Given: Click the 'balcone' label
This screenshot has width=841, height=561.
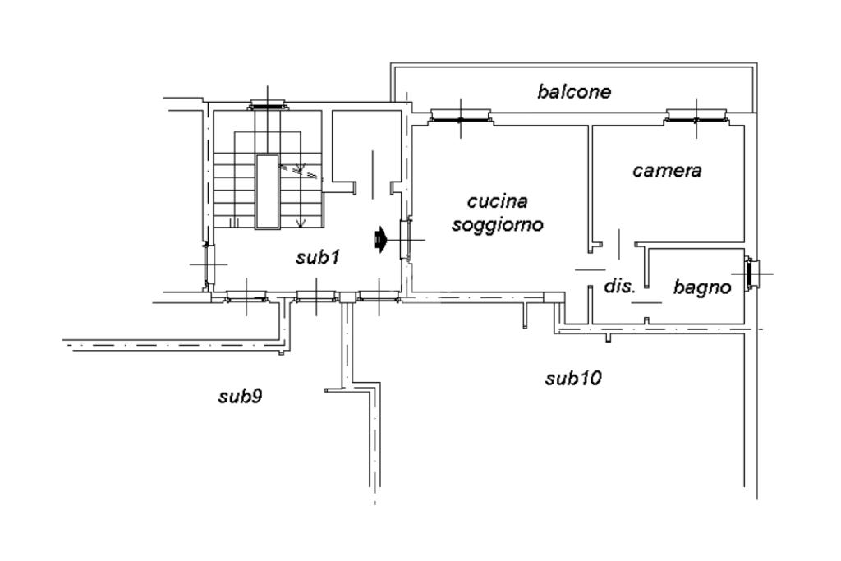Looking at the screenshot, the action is [574, 92].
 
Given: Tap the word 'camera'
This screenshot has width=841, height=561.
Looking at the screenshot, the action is [667, 171].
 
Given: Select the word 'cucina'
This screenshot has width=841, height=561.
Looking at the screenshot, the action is [497, 202].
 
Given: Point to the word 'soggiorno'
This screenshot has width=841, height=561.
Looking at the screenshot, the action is [497, 224].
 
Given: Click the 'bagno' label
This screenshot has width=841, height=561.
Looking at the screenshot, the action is [702, 287].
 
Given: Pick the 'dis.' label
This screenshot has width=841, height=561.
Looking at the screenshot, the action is [620, 286].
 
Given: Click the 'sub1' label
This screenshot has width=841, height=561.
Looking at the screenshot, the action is [318, 258].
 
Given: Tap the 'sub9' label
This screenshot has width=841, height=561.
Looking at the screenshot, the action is [240, 397].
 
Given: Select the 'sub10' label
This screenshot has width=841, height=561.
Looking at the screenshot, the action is [573, 379].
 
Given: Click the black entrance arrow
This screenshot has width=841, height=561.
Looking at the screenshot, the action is [379, 239].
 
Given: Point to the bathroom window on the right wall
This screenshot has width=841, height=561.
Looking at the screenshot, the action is [752, 274].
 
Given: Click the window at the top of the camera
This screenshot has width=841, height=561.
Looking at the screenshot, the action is [696, 117].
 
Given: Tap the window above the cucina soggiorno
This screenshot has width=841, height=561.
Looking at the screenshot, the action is [460, 117].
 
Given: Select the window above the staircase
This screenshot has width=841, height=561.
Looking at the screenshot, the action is [268, 105].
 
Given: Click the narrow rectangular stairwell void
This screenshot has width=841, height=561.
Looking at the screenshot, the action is [267, 191].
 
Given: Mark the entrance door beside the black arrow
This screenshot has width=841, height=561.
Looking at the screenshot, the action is [406, 240].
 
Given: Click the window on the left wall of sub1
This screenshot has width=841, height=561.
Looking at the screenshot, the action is [208, 264].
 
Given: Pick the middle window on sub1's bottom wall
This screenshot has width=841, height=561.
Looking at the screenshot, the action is [316, 296].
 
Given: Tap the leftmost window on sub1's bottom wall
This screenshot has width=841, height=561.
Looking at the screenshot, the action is [246, 296].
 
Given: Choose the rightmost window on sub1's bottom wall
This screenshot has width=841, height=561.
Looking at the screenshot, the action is [379, 296].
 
